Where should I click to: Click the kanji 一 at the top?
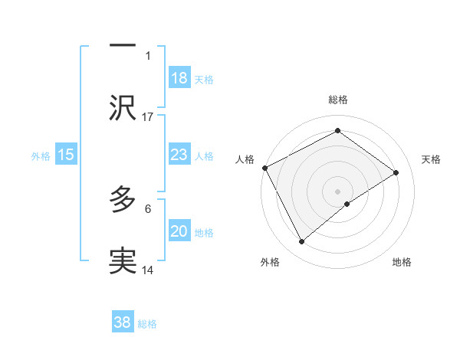123,47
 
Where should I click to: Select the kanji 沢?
123,108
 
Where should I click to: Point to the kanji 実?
123,261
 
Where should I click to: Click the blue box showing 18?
179,78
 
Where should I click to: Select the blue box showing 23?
179,155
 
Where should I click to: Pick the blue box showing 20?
179,231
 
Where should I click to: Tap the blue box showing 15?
65,155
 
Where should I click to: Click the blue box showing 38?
123,322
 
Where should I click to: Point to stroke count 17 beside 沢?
148,116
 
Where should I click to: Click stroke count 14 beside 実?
148,270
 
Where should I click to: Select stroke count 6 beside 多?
148,208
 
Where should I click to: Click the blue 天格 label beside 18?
204,79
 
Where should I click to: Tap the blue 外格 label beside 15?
41,155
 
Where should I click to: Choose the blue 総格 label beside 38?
147,323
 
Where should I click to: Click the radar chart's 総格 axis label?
338,100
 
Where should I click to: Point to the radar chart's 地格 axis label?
402,263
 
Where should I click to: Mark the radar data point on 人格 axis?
264,168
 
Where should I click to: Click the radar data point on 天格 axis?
396,172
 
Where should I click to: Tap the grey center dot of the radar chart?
337,191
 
